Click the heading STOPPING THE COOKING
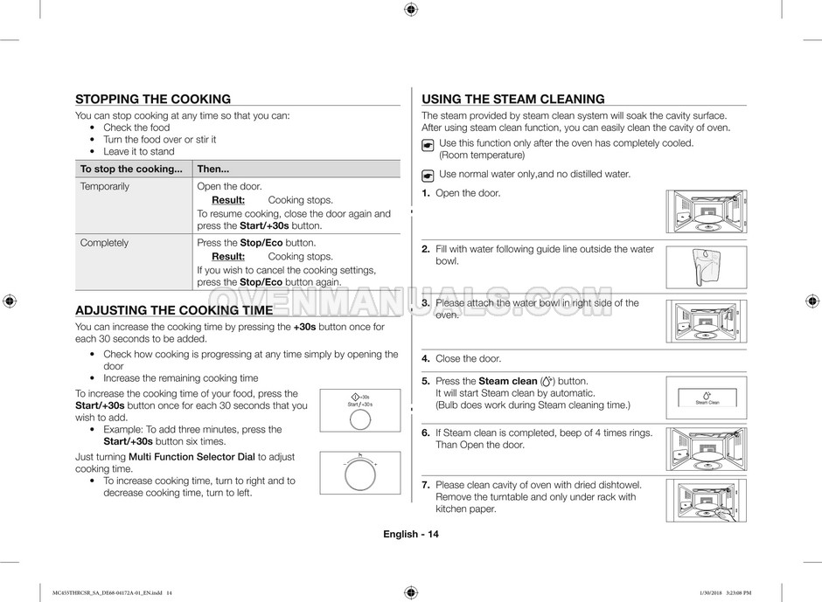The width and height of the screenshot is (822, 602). click(x=153, y=100)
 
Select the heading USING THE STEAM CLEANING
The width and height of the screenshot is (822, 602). click(x=512, y=100)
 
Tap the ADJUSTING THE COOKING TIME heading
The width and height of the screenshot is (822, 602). click(x=174, y=310)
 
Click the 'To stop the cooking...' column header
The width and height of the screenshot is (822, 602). click(x=131, y=169)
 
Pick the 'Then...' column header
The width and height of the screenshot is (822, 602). click(x=213, y=169)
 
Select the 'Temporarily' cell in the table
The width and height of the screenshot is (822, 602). click(x=105, y=187)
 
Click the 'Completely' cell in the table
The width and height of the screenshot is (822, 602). click(x=104, y=243)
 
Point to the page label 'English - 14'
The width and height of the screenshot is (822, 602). click(x=410, y=535)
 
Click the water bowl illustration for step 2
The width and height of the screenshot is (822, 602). click(x=706, y=266)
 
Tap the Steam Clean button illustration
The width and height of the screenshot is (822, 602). click(x=707, y=398)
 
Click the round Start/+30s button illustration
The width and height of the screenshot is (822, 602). click(x=359, y=419)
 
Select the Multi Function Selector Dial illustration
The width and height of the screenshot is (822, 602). click(x=359, y=475)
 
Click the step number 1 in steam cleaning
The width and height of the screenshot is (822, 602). click(x=425, y=193)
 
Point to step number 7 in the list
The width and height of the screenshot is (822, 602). click(x=425, y=485)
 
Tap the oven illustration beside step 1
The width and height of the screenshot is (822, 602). click(x=706, y=211)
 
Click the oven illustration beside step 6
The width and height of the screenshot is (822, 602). click(x=706, y=448)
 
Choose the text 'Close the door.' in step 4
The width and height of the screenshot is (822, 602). click(x=468, y=359)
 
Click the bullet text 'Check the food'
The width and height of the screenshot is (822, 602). click(x=136, y=128)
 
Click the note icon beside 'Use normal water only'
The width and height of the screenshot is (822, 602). click(x=428, y=175)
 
